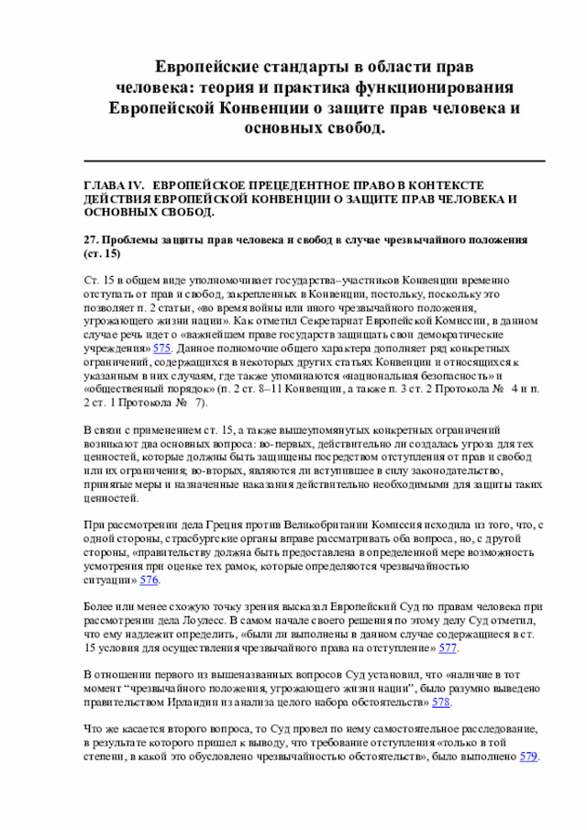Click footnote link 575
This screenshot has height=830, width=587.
tap(162, 349)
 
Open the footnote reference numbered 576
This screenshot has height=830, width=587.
tap(150, 581)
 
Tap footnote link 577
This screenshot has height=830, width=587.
tap(449, 647)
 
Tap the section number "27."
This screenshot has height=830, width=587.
tap(91, 239)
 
